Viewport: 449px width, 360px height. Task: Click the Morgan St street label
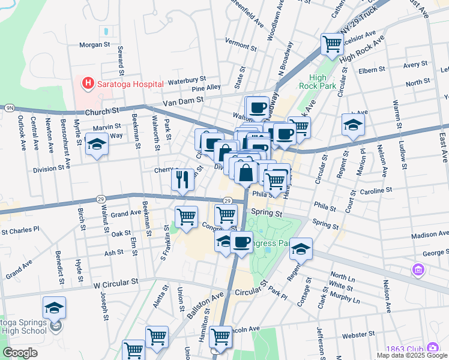(x=95, y=44)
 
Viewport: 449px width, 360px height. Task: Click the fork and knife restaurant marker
(x=182, y=178)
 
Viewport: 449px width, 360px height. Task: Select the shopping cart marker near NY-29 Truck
(x=331, y=43)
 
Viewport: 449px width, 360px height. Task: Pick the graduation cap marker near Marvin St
(x=96, y=144)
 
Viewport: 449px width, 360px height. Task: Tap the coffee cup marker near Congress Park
(x=241, y=242)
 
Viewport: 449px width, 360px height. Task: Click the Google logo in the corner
(x=20, y=353)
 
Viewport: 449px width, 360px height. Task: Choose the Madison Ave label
(x=430, y=235)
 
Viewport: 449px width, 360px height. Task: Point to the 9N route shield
(x=10, y=108)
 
